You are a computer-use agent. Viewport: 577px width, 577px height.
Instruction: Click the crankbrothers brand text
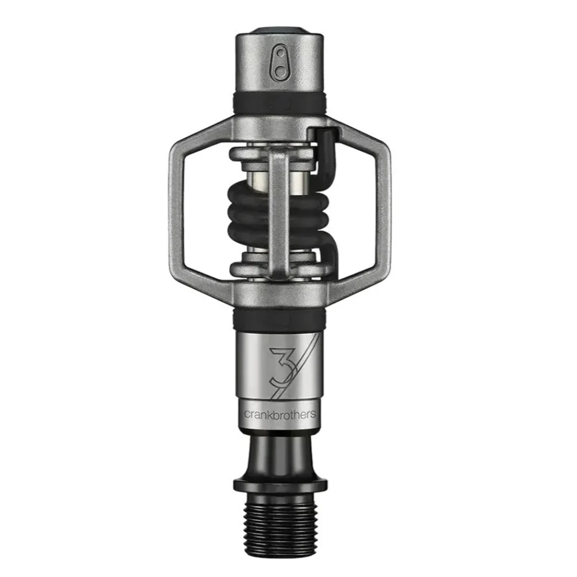[x=280, y=414]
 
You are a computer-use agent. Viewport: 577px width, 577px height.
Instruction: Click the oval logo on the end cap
[x=281, y=62]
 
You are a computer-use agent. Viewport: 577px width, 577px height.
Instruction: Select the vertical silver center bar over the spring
[x=279, y=213]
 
